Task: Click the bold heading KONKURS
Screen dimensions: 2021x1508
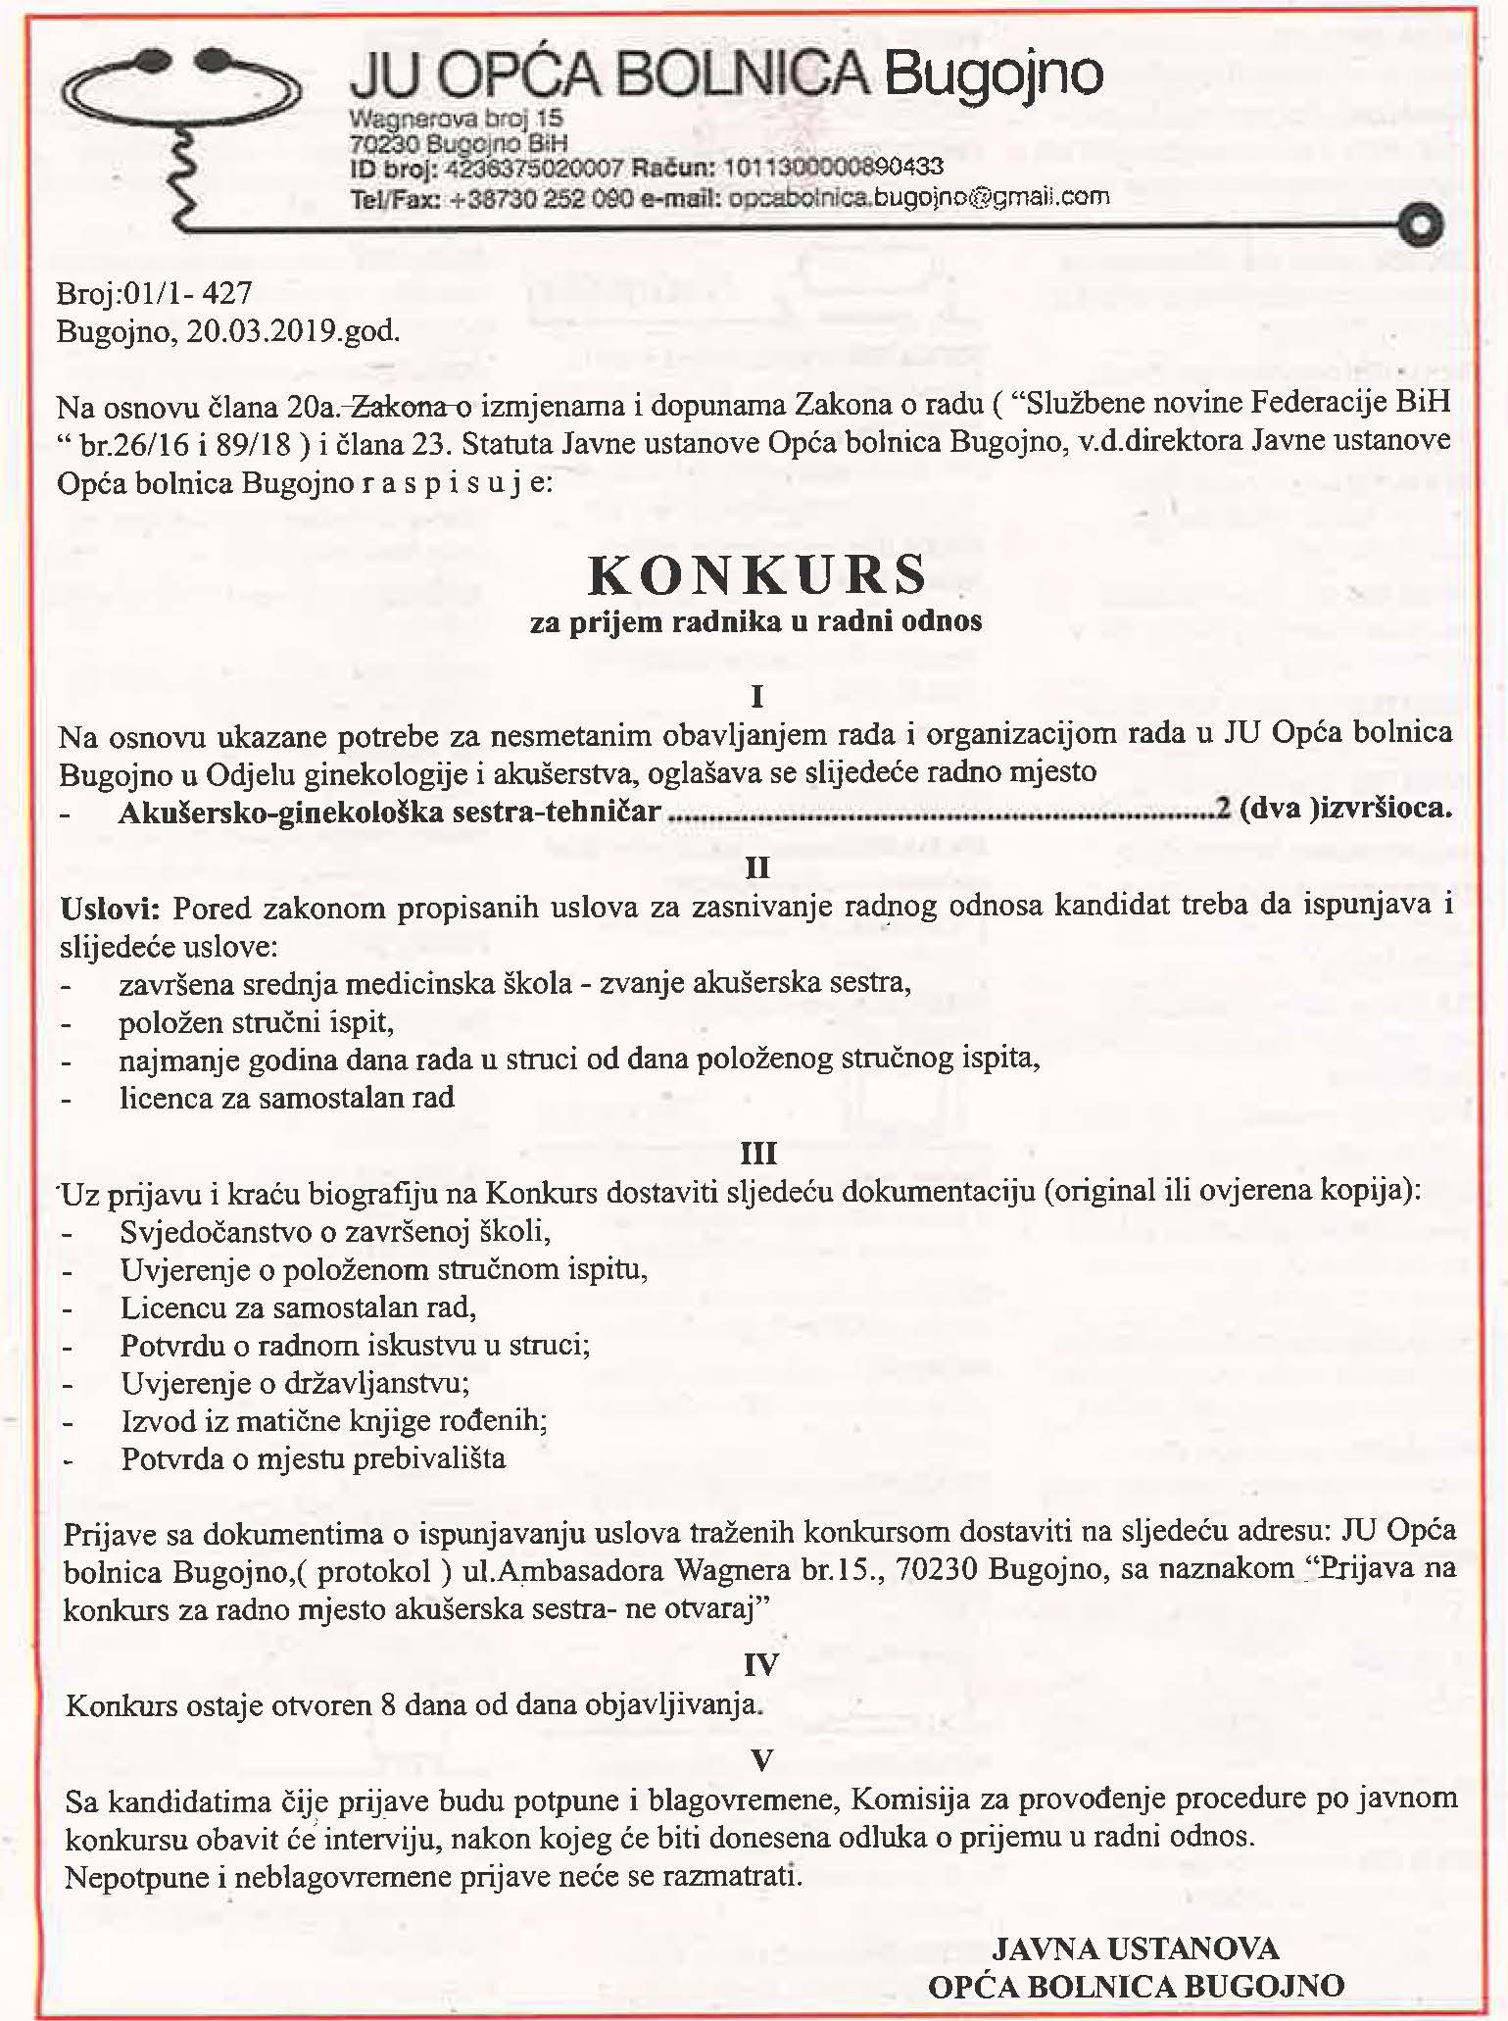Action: pyautogui.click(x=756, y=575)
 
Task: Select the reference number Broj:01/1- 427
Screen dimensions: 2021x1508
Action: pyautogui.click(x=154, y=292)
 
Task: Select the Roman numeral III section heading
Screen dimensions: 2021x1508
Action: pyautogui.click(x=758, y=1153)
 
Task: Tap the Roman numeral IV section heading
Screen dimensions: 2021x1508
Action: pyautogui.click(x=760, y=1664)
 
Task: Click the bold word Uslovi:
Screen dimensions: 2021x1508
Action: pyautogui.click(x=110, y=909)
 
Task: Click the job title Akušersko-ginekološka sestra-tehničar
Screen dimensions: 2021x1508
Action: pyautogui.click(x=389, y=813)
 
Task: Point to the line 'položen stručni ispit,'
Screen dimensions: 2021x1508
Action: pyautogui.click(x=256, y=1022)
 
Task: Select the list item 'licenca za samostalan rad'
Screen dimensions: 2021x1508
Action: pyautogui.click(x=287, y=1098)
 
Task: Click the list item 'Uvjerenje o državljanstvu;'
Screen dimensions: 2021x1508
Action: pyautogui.click(x=295, y=1383)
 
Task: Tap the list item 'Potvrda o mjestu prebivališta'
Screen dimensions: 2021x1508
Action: pyautogui.click(x=313, y=1458)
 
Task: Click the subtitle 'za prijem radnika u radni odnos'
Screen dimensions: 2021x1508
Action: pyautogui.click(x=755, y=621)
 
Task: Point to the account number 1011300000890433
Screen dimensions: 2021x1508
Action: pyautogui.click(x=833, y=168)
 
